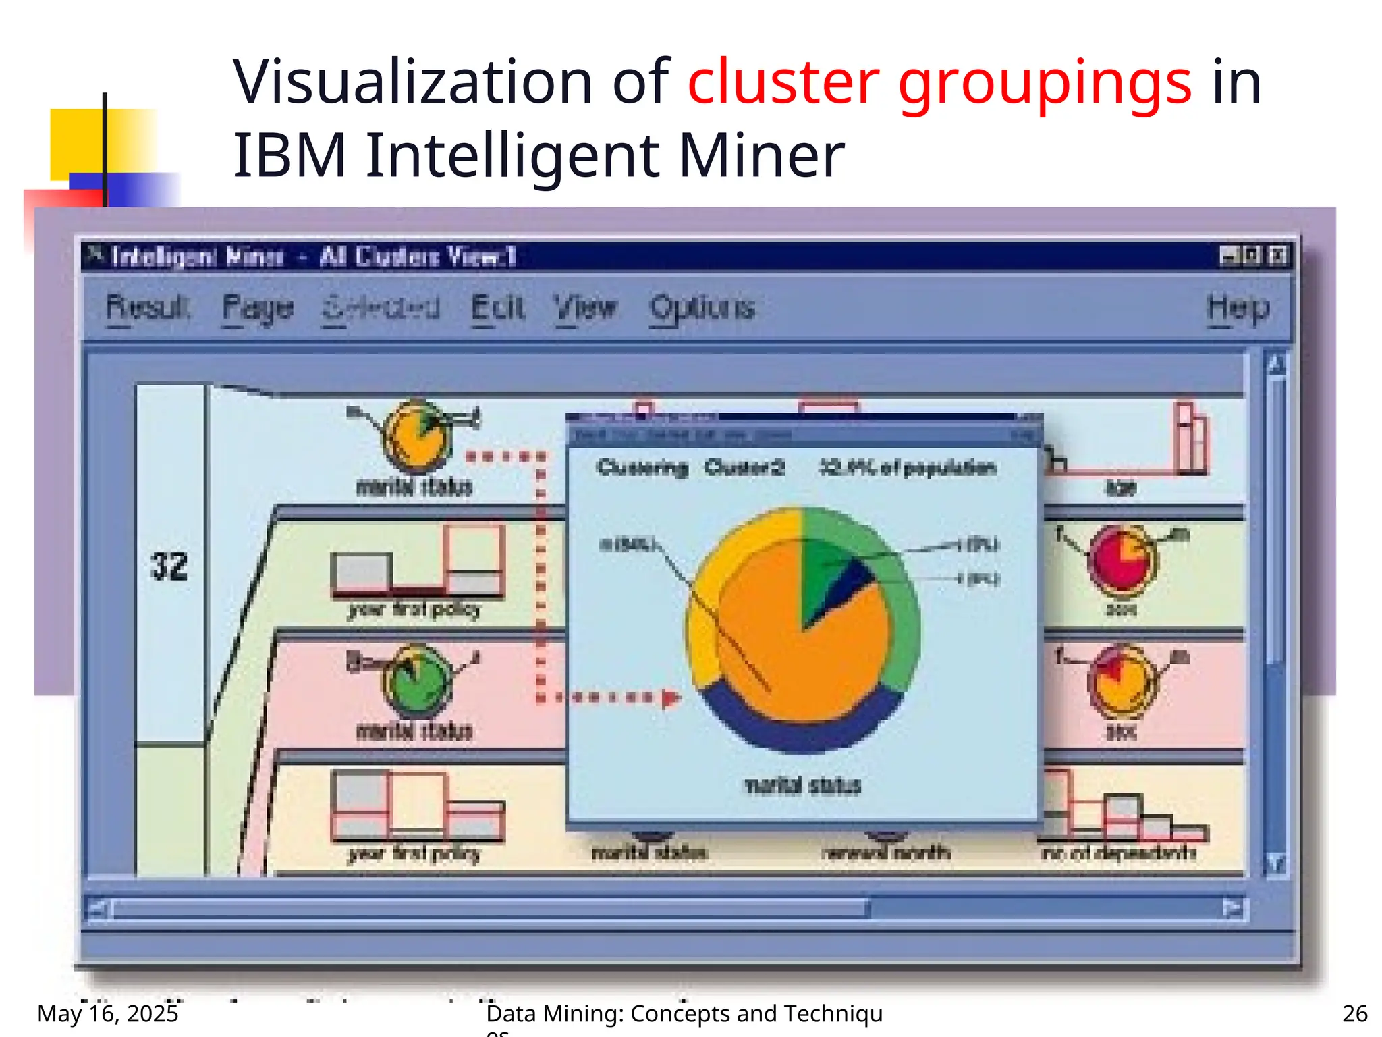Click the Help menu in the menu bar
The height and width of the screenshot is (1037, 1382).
click(1238, 308)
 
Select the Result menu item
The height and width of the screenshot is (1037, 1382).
click(148, 308)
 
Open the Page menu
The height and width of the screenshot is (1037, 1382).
click(258, 308)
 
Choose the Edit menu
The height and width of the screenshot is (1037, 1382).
click(497, 308)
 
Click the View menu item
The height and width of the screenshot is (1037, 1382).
click(585, 308)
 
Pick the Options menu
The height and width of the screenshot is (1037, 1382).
click(702, 308)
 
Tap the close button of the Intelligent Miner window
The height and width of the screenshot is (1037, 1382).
click(1277, 256)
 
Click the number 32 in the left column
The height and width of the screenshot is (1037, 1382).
click(169, 566)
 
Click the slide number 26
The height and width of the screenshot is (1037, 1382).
click(1354, 1013)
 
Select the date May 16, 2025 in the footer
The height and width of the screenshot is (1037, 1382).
click(108, 1013)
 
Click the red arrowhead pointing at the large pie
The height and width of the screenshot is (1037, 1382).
click(669, 697)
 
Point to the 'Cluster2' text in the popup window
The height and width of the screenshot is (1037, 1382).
click(744, 467)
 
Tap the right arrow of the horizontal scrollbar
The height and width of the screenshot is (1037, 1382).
click(1234, 909)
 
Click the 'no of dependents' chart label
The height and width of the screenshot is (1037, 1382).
click(1119, 853)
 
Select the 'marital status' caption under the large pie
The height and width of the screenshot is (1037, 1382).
click(803, 785)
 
